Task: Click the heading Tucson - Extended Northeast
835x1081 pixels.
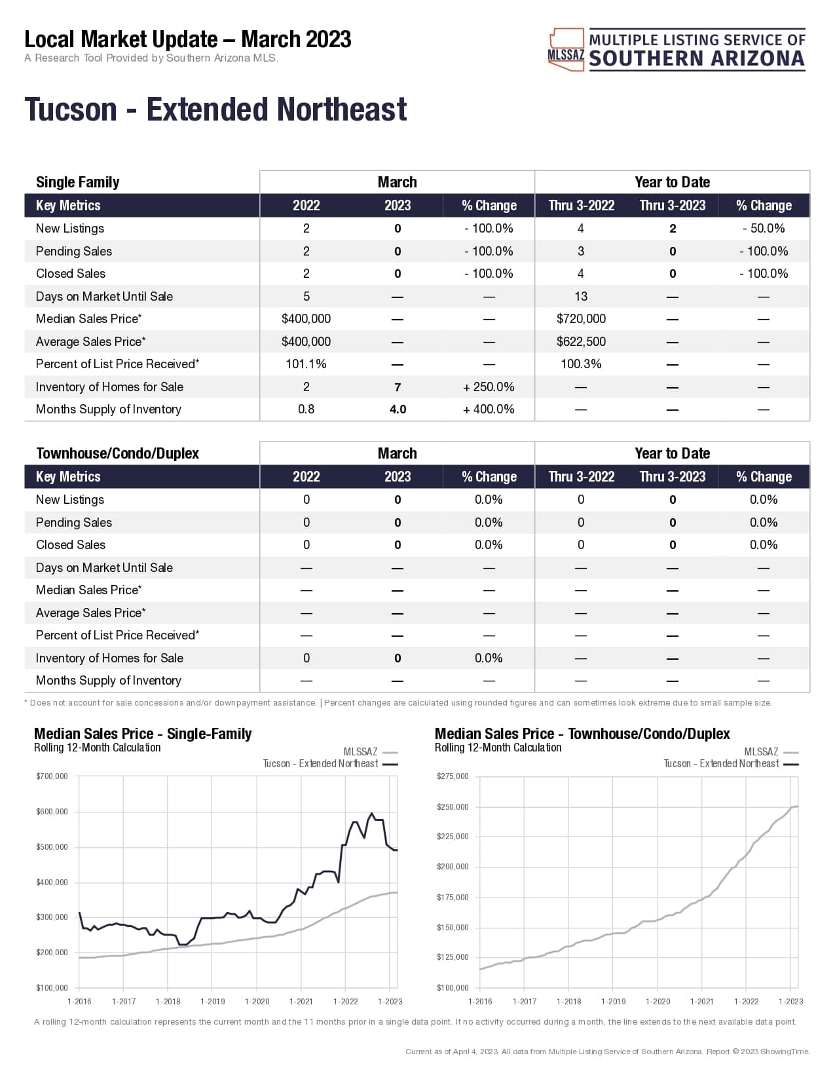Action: coord(215,109)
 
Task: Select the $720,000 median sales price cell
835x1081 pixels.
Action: coord(581,319)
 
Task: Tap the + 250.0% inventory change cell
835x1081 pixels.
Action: coord(489,387)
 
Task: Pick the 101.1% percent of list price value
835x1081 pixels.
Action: coord(306,364)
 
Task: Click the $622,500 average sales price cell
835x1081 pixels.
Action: coord(581,342)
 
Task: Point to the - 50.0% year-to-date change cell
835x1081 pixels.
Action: coord(764,229)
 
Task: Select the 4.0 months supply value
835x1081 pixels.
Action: coord(398,409)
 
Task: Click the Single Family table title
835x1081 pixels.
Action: coord(77,182)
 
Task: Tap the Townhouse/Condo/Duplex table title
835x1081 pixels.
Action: coord(117,453)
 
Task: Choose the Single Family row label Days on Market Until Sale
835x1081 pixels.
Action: coord(104,297)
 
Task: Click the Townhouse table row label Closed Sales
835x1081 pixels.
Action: coord(71,545)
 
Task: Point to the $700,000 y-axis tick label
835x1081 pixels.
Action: coord(52,776)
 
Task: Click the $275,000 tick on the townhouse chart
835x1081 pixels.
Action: coord(453,776)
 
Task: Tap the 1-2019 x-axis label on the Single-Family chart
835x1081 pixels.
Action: coord(212,1002)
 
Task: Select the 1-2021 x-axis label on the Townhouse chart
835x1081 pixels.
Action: coord(701,1002)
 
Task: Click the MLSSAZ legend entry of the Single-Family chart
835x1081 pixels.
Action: coord(361,752)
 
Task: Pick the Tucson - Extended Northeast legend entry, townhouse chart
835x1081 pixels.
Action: coord(722,764)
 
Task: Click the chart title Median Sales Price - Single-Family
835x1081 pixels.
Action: coord(143,734)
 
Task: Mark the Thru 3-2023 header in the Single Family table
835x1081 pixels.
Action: coord(673,206)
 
